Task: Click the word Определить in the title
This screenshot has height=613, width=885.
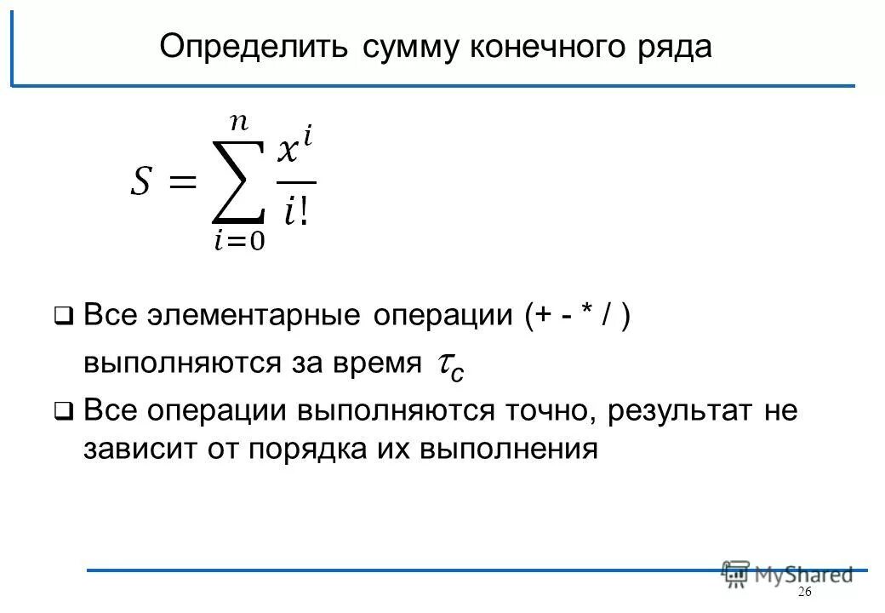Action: click(x=253, y=47)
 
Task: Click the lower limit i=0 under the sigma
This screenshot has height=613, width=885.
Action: click(x=239, y=243)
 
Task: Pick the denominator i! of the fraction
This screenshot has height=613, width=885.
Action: click(x=296, y=210)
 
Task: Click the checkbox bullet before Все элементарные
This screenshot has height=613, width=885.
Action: click(x=63, y=318)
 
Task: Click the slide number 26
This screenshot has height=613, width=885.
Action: click(x=805, y=593)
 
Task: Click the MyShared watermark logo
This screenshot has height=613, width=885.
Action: click(x=787, y=574)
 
